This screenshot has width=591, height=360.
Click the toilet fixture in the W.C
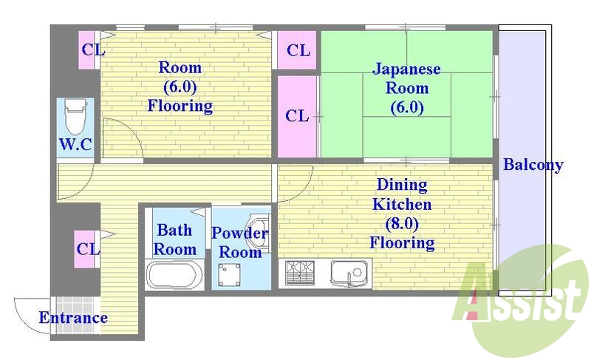[x=75, y=117]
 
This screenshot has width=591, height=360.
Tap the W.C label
[x=75, y=144]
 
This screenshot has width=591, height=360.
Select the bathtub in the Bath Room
[x=174, y=274]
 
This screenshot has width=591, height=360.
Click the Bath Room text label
[x=175, y=240]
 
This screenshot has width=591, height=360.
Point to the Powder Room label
[x=240, y=242]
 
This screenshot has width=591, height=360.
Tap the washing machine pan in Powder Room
[x=228, y=275]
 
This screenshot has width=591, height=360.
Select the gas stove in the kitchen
[x=300, y=273]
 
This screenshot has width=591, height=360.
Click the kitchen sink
[x=349, y=274]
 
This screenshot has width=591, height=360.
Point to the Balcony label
[x=533, y=165]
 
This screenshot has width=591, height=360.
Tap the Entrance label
[x=73, y=319]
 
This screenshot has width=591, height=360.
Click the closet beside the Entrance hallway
[x=88, y=249]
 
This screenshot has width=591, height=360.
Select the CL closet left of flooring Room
[x=92, y=50]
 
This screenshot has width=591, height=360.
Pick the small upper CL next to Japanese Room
[x=298, y=50]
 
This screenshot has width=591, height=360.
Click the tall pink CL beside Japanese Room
[x=297, y=116]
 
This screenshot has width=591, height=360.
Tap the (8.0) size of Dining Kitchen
[x=402, y=223]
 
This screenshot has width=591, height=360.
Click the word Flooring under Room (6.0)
[x=180, y=106]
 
